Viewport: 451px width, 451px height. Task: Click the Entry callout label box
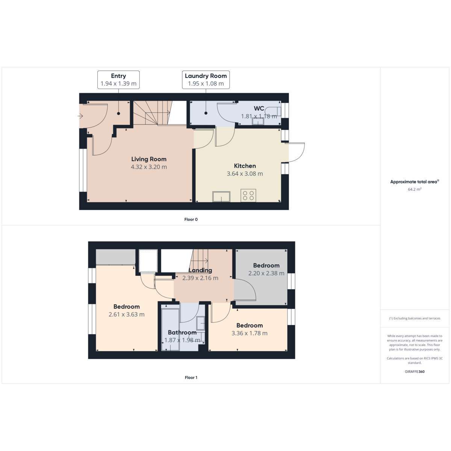[x=118, y=80]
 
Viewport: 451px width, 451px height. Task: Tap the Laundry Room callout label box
[x=206, y=80]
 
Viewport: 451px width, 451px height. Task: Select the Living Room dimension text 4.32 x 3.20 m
[x=149, y=167]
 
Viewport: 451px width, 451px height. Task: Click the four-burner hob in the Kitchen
[x=248, y=195]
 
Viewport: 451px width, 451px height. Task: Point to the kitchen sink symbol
[x=221, y=197]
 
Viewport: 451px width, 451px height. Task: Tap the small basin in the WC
[x=258, y=121]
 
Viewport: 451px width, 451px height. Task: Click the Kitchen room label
[x=245, y=166]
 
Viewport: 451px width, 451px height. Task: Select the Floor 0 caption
[x=191, y=219]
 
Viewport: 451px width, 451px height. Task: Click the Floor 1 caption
[x=191, y=377]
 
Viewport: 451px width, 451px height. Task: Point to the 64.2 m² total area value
[x=415, y=189]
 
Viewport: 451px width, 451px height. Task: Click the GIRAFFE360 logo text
[x=415, y=371]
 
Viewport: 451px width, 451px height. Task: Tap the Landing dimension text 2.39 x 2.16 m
[x=200, y=278]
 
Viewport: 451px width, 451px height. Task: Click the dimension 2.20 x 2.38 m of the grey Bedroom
[x=266, y=273]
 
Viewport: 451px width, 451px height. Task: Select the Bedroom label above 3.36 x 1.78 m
[x=250, y=325]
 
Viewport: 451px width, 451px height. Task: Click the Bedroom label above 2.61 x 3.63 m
[x=127, y=307]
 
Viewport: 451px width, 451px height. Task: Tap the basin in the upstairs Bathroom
[x=200, y=323]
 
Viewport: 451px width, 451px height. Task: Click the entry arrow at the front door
[x=80, y=116]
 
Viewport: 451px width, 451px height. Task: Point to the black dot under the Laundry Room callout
[x=206, y=113]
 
